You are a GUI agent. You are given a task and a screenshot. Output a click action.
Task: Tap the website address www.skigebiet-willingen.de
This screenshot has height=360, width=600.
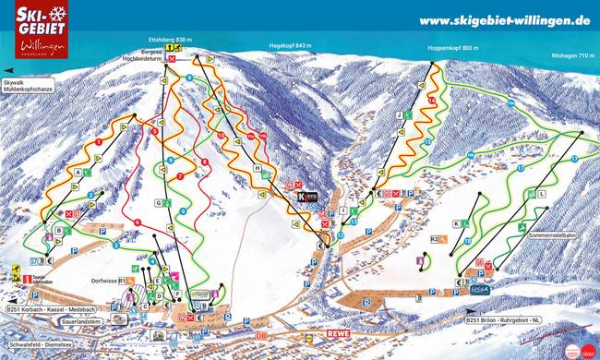point(504,19)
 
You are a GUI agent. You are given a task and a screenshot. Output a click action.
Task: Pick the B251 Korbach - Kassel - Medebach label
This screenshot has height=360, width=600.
point(51,306)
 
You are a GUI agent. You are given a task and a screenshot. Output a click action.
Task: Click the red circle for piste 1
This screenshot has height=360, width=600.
point(97,142)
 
